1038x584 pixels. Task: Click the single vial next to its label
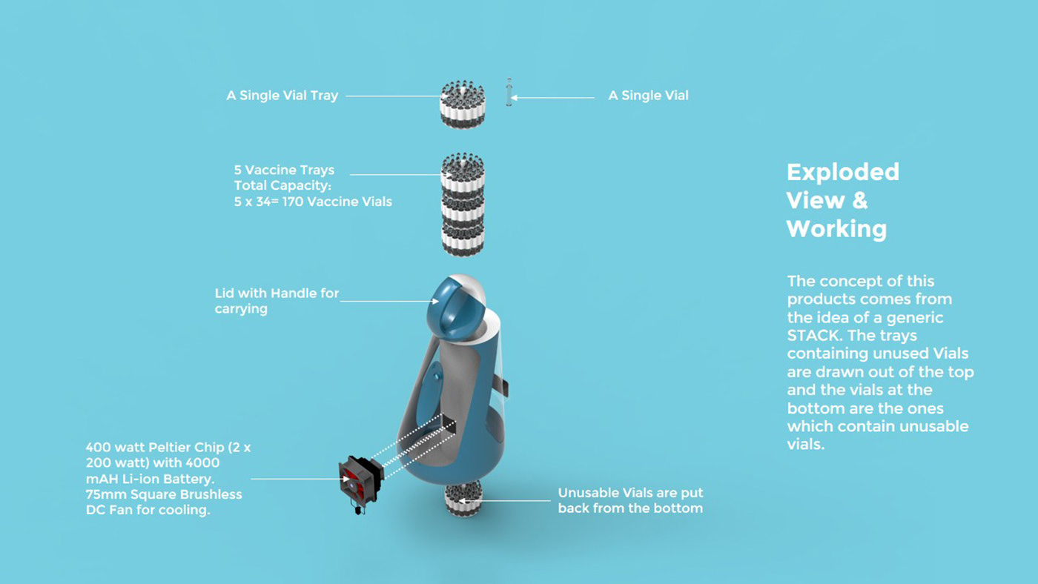pyautogui.click(x=509, y=93)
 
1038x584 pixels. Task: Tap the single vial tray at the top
pyautogui.click(x=463, y=104)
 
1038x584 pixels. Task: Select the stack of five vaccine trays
pyautogui.click(x=463, y=205)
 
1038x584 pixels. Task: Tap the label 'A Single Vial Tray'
pyautogui.click(x=282, y=96)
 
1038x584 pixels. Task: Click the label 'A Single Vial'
pyautogui.click(x=648, y=96)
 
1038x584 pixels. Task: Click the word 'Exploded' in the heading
pyautogui.click(x=842, y=172)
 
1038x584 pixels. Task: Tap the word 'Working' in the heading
pyautogui.click(x=836, y=228)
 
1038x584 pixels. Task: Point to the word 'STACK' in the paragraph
pyautogui.click(x=812, y=336)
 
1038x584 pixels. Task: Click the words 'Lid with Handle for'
pyautogui.click(x=277, y=293)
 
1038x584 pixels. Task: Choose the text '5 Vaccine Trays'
pyautogui.click(x=284, y=170)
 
